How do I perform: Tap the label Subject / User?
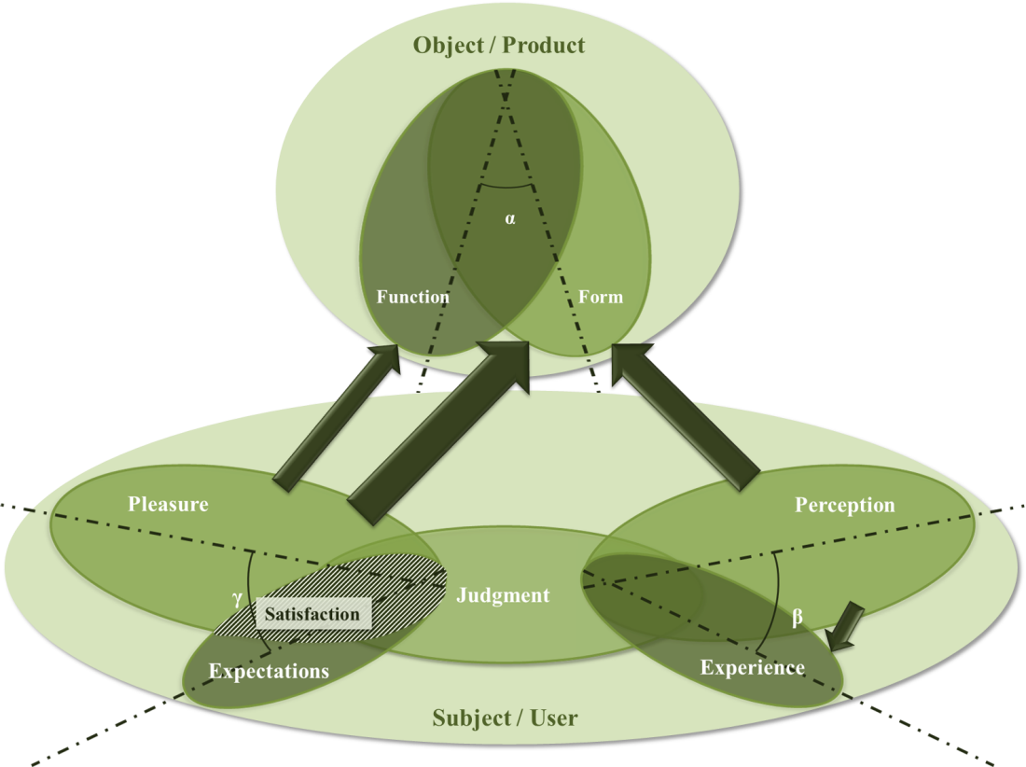click(505, 718)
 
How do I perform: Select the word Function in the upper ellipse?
click(412, 297)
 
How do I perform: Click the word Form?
click(600, 297)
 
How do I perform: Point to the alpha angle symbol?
click(510, 220)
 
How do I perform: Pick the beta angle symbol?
click(797, 618)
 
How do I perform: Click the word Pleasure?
click(168, 505)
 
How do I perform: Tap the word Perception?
click(844, 505)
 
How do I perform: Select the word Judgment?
click(503, 595)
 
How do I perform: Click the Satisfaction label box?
click(312, 614)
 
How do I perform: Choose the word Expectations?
click(269, 671)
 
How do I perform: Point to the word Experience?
click(752, 667)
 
